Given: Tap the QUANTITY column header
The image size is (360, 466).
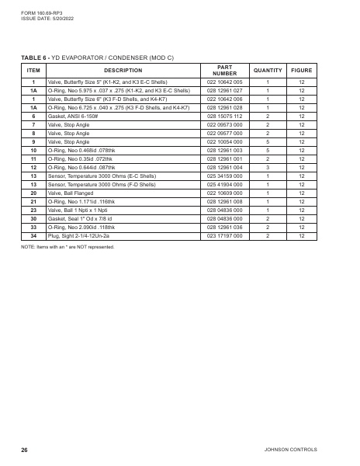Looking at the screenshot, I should coord(268,71).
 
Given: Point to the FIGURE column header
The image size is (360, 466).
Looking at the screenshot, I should coord(302,71).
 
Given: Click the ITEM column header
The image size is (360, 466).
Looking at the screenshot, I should coord(33,71).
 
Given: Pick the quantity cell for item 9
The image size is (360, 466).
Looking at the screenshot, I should coord(268,141).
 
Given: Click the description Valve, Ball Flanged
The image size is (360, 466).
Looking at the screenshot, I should coord(75,193).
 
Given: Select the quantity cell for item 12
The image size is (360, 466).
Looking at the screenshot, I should coord(268,167).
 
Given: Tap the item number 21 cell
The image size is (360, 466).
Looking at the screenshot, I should coord(33,202).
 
